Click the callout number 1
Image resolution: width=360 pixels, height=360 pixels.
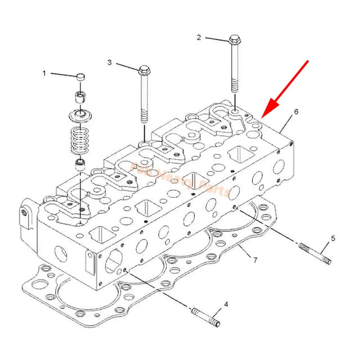(x=44, y=73)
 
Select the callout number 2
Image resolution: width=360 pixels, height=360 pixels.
(x=199, y=38)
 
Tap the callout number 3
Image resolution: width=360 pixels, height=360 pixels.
(x=110, y=62)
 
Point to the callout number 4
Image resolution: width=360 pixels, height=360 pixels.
(x=226, y=304)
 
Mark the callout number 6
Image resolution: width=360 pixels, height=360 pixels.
(x=296, y=111)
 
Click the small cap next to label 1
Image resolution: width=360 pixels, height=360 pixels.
(x=82, y=76)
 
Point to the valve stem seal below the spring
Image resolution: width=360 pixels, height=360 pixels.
(x=82, y=164)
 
